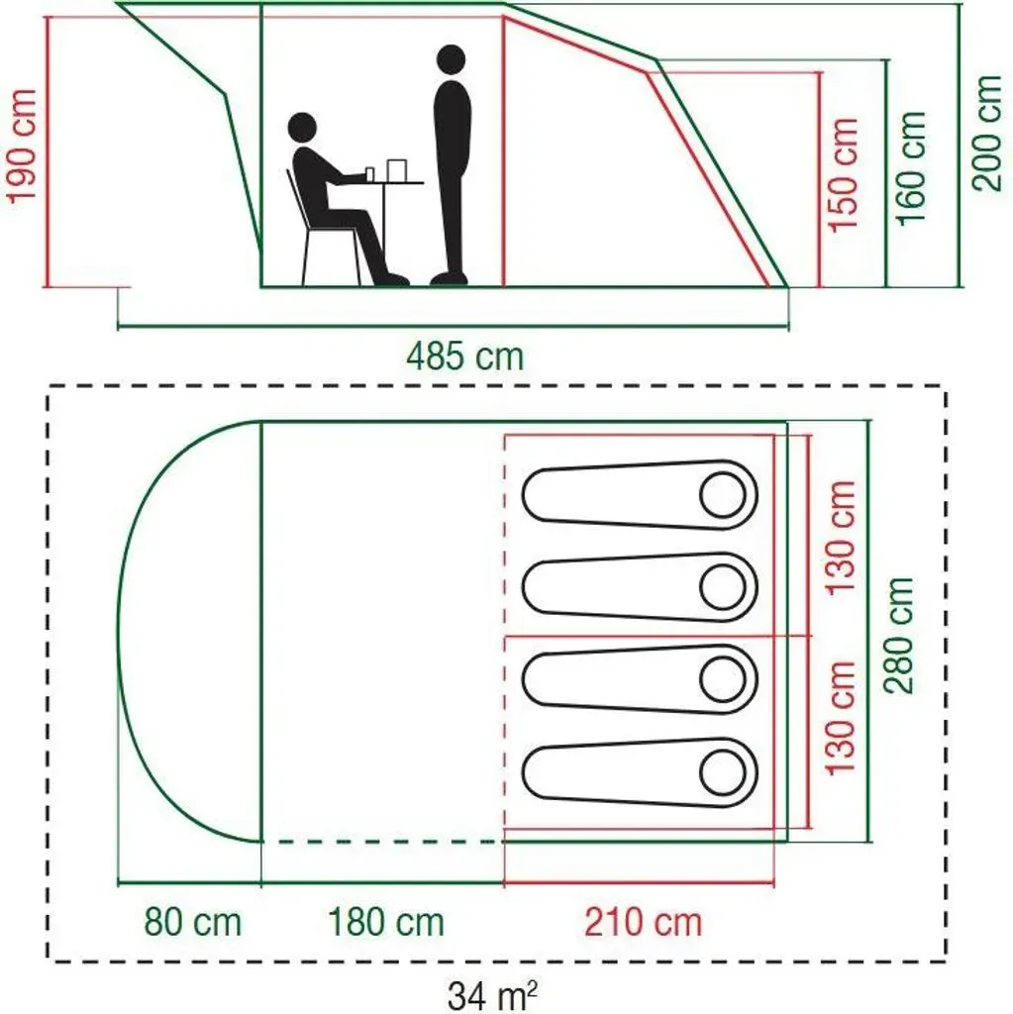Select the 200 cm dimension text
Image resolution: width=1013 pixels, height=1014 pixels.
pos(987,133)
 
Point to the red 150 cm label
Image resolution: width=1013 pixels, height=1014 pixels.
pos(843,174)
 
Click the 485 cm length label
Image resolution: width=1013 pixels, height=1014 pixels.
pos(464,356)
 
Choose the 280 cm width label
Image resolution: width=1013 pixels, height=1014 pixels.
pos(898,636)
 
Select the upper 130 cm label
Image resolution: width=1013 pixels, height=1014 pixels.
pos(842,538)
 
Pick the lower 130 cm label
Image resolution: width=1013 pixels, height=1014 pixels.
pos(842,718)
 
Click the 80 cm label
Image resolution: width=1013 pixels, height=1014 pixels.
pos(192,922)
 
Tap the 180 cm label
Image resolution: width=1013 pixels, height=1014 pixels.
pos(386,922)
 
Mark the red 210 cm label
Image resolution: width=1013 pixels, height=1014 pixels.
pos(643,922)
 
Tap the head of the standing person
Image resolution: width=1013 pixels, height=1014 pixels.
pos(451,60)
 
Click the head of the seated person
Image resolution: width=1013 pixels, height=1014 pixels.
pos(302,128)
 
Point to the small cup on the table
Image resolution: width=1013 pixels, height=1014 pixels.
pos(370,174)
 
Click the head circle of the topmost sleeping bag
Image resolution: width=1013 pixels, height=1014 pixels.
pos(723,495)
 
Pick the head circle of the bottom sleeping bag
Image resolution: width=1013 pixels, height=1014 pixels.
pos(723,773)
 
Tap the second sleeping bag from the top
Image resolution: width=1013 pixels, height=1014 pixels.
pos(640,587)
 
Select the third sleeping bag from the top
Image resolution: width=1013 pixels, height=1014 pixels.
pos(640,679)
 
